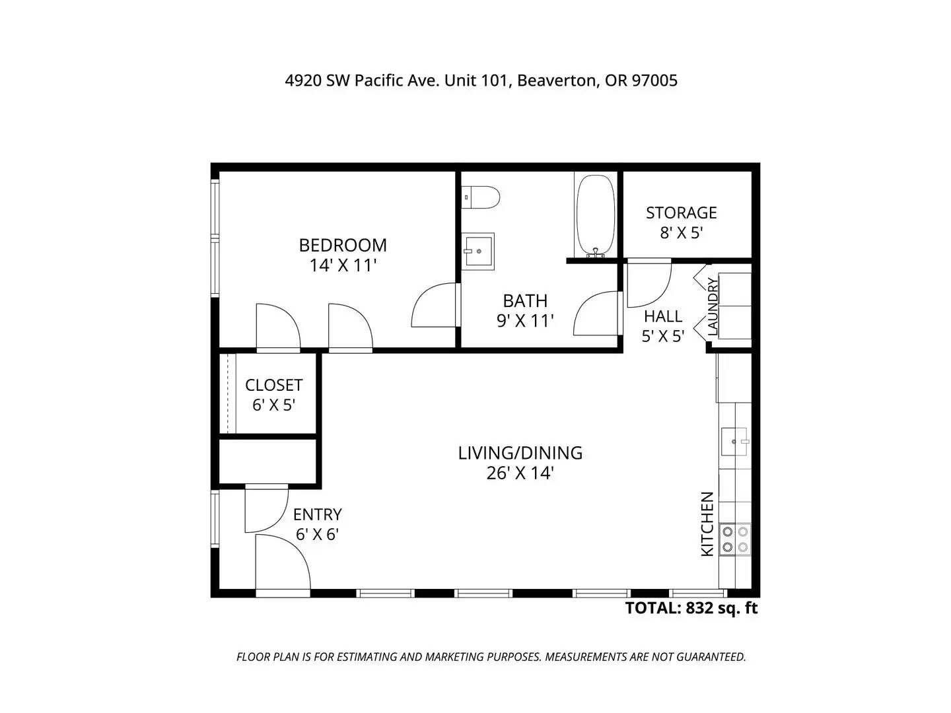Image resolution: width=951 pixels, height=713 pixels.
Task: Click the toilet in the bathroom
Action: (480, 197)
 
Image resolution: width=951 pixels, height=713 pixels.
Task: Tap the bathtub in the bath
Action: (596, 215)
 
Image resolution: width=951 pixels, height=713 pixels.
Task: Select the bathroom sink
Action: (477, 252)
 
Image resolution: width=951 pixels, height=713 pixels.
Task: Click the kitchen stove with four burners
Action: (735, 539)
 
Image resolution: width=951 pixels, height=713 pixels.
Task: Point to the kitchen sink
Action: (734, 442)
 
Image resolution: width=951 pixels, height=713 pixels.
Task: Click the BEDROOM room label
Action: (343, 246)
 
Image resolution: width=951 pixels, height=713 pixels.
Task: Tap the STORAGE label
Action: (681, 213)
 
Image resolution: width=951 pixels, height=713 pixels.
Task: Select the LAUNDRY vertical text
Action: (713, 307)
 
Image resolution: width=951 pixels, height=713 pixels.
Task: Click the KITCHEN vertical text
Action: (707, 524)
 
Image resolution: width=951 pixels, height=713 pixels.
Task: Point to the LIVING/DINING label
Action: (520, 453)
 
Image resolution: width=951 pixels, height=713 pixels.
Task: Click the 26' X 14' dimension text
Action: (520, 473)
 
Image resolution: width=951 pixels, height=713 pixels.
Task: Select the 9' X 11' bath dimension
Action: (525, 321)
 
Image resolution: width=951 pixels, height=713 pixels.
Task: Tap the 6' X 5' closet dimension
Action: (274, 405)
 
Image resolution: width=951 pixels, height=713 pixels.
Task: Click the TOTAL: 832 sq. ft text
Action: (691, 608)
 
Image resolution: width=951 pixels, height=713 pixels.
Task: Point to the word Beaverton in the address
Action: (555, 81)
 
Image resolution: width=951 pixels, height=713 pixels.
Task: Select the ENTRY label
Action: (318, 515)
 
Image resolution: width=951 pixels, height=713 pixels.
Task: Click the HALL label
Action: (663, 316)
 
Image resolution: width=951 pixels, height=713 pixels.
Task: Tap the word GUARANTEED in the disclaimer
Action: (711, 657)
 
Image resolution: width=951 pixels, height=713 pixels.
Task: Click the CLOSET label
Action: (274, 385)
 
